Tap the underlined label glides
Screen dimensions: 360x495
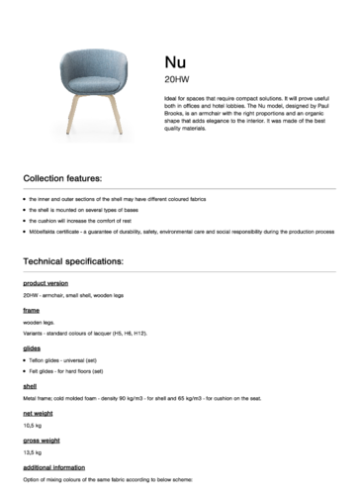[x=31, y=348]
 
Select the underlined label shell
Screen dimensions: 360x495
[x=29, y=386]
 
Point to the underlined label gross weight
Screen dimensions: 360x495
[x=41, y=439]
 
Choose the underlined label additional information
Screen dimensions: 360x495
[x=54, y=465]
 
